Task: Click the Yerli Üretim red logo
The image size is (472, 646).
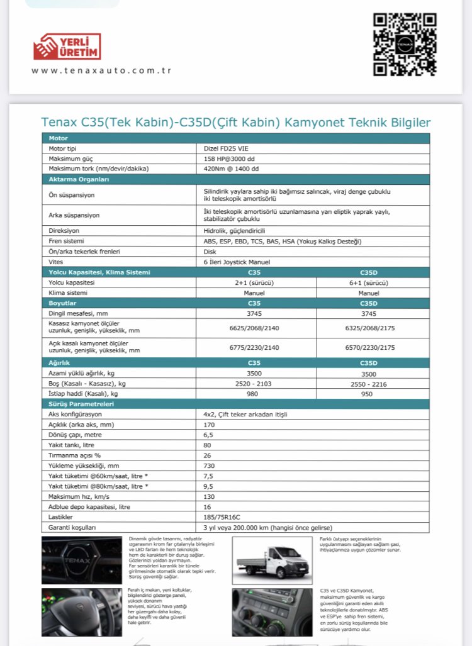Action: pos(67,47)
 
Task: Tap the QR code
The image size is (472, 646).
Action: pos(405,44)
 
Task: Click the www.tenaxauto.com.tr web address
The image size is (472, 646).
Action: pos(101,70)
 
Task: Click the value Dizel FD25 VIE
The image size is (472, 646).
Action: pos(225,148)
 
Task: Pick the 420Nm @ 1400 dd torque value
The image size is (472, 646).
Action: pos(232,169)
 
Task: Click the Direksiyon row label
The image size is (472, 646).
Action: pos(64,231)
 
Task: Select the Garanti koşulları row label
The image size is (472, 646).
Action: pos(73,527)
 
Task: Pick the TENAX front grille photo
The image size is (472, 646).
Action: pos(81,560)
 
